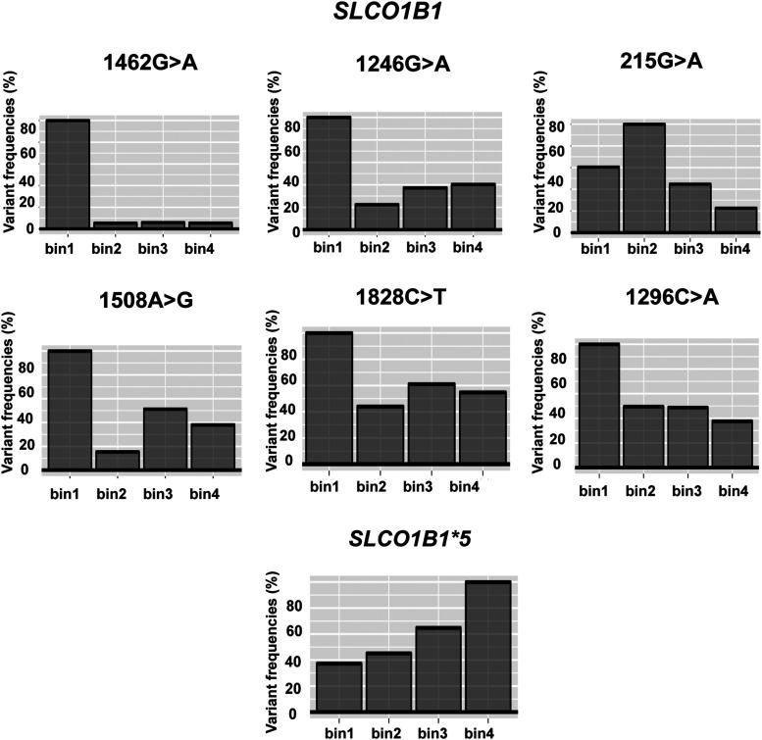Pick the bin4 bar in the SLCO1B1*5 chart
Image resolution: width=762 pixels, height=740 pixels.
point(487,646)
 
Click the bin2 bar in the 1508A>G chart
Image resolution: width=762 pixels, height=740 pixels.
point(116,460)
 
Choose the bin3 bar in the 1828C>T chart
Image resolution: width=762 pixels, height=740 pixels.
point(431,422)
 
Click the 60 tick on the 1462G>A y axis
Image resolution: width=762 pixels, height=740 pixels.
point(29,153)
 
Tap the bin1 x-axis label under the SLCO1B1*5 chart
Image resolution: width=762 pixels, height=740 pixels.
point(338,730)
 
